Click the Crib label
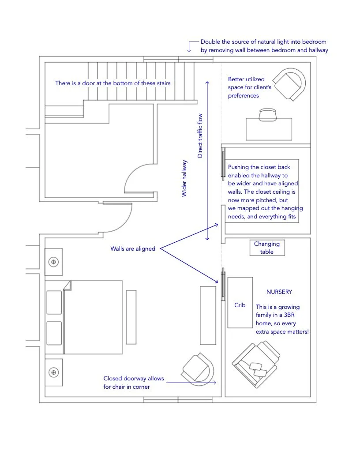[x=240, y=305]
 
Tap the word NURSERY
[x=279, y=292]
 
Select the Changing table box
[x=267, y=248]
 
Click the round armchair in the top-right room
[x=289, y=84]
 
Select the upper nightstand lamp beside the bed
[x=54, y=262]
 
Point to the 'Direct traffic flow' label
[x=200, y=135]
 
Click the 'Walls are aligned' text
[x=133, y=249]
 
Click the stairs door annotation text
[x=112, y=83]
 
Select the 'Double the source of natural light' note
[x=264, y=46]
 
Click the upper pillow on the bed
[x=54, y=302]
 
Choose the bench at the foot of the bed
[x=131, y=316]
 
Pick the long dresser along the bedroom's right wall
[x=207, y=315]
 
